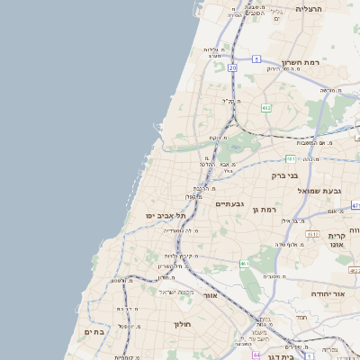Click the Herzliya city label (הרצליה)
click(309, 9)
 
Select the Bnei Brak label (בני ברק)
click(285, 175)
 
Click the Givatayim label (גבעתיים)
click(231, 204)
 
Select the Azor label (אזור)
click(211, 295)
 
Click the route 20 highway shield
click(232, 67)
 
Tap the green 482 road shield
click(266, 108)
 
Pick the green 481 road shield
click(291, 158)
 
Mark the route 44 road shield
click(256, 355)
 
